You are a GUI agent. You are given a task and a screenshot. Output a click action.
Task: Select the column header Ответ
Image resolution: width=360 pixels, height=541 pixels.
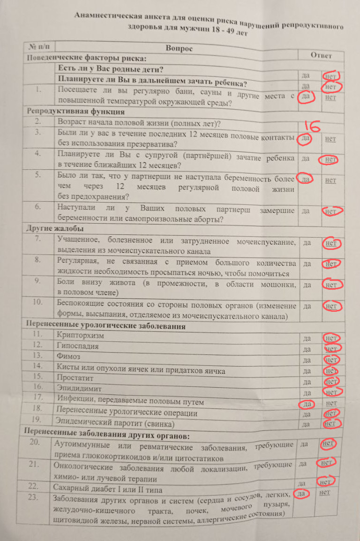321,55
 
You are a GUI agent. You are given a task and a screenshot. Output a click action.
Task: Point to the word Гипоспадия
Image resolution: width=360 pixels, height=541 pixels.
77,346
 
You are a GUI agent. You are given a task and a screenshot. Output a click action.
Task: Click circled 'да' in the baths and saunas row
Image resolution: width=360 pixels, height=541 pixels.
306,97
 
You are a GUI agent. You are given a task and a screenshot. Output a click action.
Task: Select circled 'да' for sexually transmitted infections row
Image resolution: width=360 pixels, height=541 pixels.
307,404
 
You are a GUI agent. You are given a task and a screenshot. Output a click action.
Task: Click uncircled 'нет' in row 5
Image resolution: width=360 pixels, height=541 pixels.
330,180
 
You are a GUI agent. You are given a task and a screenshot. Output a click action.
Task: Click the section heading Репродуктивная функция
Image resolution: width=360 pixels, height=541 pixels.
75,112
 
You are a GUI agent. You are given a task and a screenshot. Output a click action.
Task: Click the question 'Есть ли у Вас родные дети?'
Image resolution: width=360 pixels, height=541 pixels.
111,69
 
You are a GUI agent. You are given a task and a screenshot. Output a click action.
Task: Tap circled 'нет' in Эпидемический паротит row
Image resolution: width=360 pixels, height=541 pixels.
331,423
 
